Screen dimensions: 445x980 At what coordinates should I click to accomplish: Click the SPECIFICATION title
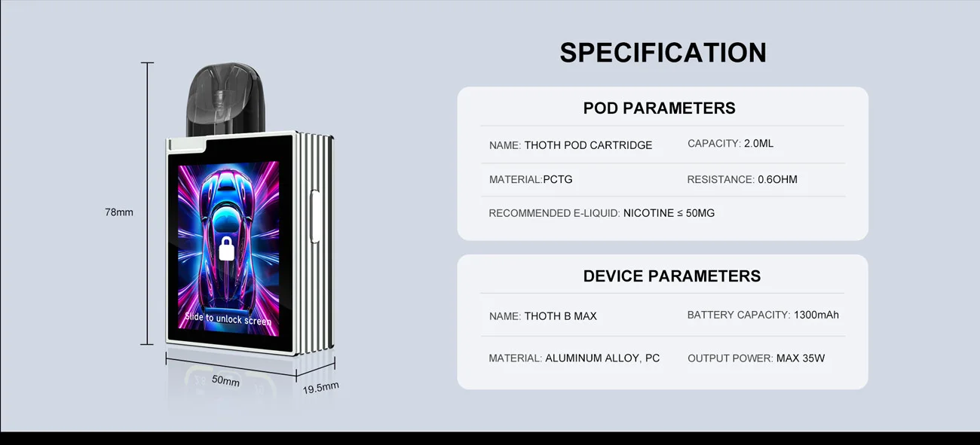click(663, 53)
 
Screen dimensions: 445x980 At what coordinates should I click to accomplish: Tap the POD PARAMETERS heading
click(659, 108)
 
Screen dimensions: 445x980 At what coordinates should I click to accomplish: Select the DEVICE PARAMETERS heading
click(672, 276)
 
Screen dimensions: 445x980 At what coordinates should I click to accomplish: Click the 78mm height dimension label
click(119, 212)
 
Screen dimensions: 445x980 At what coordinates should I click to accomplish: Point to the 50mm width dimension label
click(225, 381)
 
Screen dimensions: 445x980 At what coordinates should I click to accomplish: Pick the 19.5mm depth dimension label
click(320, 388)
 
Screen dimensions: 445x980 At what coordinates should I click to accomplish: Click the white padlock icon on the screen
click(226, 248)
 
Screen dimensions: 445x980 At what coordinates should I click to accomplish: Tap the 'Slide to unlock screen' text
click(228, 319)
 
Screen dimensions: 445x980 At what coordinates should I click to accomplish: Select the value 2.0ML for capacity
click(758, 144)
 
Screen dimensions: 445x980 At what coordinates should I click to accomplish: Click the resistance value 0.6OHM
click(777, 179)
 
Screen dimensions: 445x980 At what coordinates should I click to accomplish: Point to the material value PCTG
click(558, 179)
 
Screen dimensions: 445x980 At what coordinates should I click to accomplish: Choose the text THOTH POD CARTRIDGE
click(588, 145)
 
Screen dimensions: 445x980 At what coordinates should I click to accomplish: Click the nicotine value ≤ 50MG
click(669, 213)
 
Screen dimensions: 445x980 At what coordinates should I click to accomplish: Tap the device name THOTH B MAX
click(560, 316)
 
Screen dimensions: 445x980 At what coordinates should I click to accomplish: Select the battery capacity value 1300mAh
click(816, 315)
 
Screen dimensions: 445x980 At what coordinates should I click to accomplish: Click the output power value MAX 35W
click(800, 358)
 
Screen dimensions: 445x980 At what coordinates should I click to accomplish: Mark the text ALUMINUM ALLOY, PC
click(602, 358)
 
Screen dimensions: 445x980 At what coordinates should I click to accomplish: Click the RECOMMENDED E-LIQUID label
click(554, 213)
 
